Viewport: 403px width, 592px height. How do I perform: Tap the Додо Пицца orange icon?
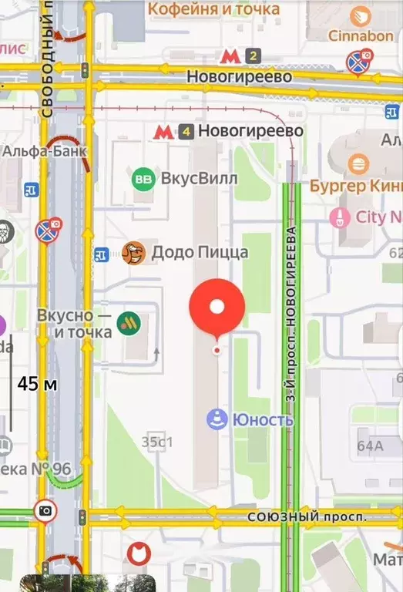(133, 252)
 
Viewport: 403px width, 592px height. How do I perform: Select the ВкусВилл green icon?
(143, 179)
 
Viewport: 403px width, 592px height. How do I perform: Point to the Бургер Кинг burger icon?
(357, 164)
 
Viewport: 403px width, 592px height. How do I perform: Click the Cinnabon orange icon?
(360, 16)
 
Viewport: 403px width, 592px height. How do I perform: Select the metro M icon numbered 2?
(229, 55)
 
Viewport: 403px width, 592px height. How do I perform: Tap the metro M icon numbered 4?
(163, 131)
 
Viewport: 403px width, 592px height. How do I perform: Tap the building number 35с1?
(157, 442)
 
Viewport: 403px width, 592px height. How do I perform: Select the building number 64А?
(370, 445)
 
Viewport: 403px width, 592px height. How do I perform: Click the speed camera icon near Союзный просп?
(45, 510)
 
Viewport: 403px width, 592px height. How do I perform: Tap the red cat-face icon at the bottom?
(137, 553)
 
